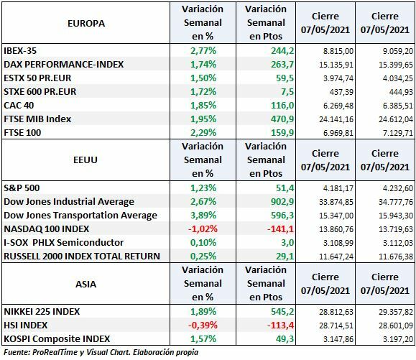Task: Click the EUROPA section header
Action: point(85,24)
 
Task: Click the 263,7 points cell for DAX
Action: point(263,64)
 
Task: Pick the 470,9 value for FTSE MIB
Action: point(263,118)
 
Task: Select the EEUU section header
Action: point(85,160)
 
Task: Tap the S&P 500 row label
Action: point(22,188)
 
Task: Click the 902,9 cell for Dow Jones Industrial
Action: point(263,201)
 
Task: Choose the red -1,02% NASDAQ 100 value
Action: point(203,229)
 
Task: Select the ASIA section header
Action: point(85,284)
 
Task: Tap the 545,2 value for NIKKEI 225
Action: point(263,311)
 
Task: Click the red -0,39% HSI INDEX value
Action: point(203,325)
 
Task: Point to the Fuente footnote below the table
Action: point(101,353)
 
